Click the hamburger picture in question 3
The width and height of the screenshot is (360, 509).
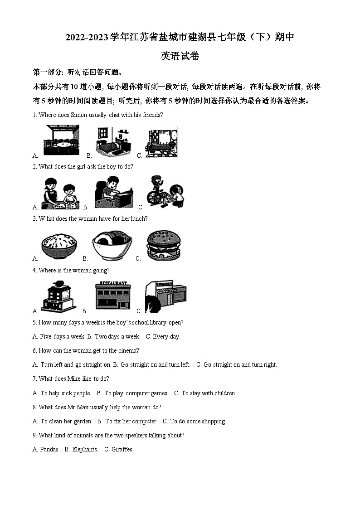point(163,246)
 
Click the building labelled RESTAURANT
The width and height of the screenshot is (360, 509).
point(113,295)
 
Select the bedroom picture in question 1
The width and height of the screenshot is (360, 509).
point(113,142)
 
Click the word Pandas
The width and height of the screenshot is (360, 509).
point(49,450)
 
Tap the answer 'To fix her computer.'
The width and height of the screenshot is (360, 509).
point(131,422)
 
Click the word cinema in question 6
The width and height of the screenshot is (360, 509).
point(129,351)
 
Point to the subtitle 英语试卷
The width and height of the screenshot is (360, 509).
point(180,56)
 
